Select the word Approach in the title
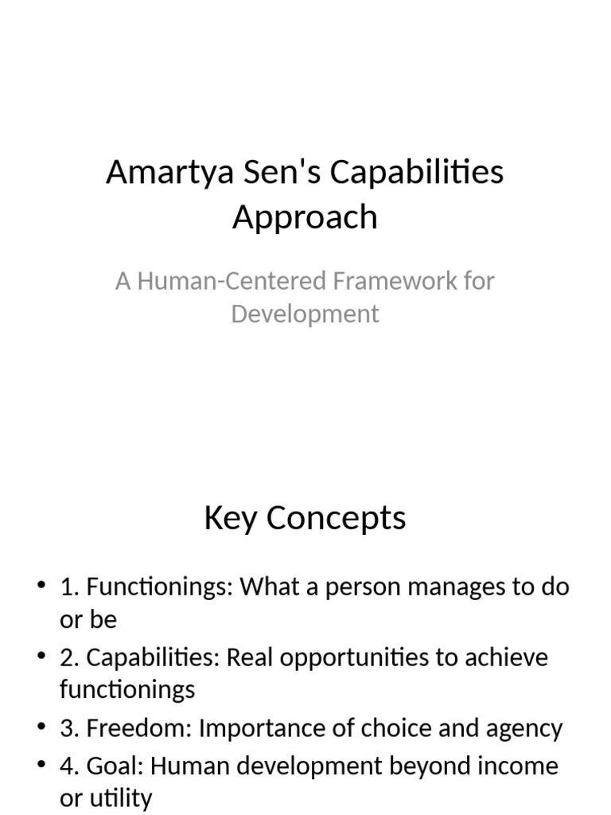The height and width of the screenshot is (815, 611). (x=305, y=216)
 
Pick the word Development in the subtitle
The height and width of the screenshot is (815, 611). (x=305, y=314)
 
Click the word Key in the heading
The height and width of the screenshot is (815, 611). (x=231, y=518)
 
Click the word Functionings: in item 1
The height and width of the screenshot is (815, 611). (x=160, y=588)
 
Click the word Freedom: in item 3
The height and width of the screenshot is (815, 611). (x=139, y=728)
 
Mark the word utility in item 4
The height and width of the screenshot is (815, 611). (x=119, y=798)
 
